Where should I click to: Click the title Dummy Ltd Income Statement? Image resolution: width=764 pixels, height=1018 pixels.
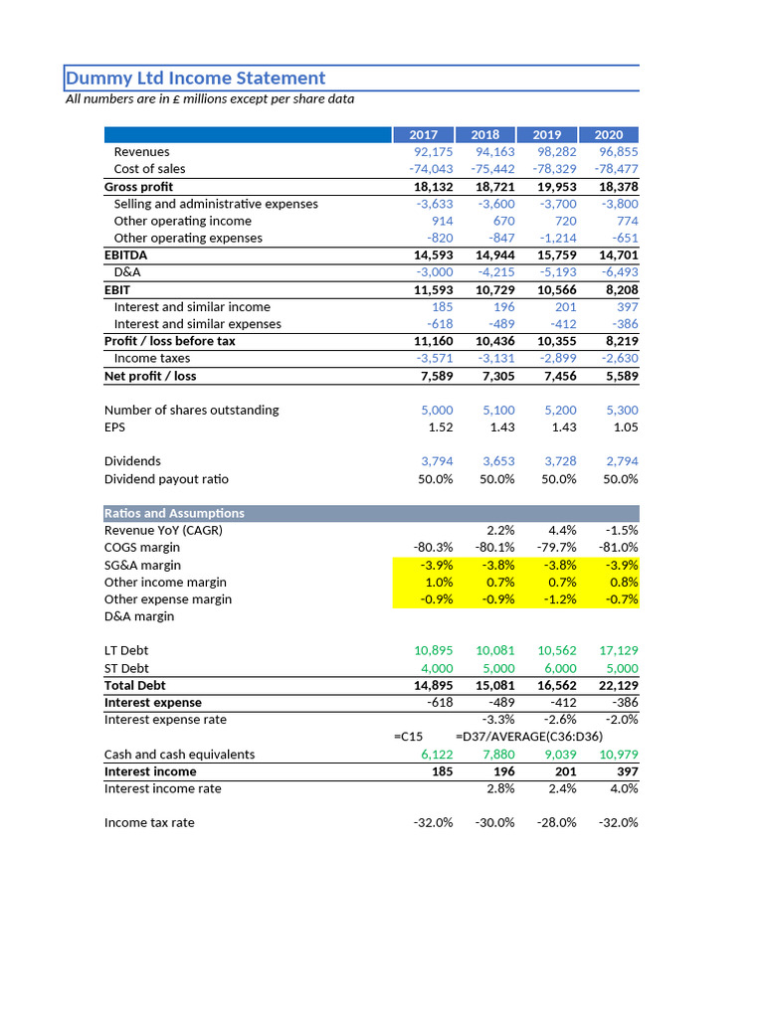tap(196, 79)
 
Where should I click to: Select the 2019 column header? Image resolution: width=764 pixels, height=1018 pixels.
tap(546, 134)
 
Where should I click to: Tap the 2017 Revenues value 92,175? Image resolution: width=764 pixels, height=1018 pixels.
tap(433, 152)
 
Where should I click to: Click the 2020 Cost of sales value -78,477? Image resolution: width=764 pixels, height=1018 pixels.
tap(616, 169)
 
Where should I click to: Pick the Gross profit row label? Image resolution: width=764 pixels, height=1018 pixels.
tap(138, 187)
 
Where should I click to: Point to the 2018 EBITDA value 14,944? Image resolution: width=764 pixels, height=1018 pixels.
tap(494, 255)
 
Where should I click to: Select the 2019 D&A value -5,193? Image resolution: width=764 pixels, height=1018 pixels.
tap(556, 272)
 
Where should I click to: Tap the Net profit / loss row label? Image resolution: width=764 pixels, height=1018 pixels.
tap(150, 376)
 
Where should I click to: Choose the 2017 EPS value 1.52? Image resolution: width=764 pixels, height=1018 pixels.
tap(440, 427)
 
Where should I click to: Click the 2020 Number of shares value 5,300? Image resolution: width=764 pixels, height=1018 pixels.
tap(622, 410)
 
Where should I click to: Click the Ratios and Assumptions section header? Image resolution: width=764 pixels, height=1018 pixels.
tap(174, 513)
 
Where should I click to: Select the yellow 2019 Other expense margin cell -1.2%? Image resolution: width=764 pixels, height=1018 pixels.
tap(558, 599)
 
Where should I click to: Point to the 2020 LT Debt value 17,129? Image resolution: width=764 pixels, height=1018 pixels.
tap(618, 651)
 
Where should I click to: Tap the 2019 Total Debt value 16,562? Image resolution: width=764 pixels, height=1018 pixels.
tap(556, 685)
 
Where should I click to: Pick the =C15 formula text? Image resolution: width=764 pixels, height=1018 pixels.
tap(409, 737)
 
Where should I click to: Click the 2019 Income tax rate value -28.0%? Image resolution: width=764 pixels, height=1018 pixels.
tap(555, 823)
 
